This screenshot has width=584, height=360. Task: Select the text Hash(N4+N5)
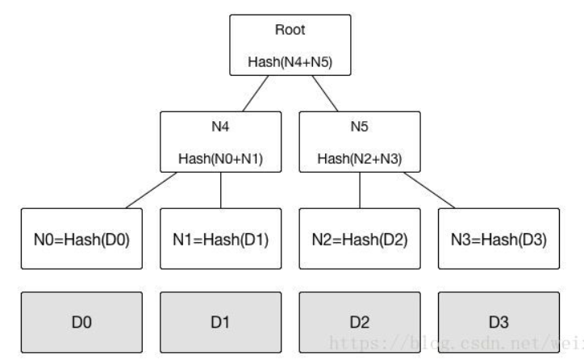pyautogui.click(x=290, y=61)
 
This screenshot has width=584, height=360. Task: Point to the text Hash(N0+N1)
pyautogui.click(x=220, y=157)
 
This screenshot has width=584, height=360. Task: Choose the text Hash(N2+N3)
pyautogui.click(x=359, y=157)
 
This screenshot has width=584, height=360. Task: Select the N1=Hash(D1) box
pyautogui.click(x=220, y=240)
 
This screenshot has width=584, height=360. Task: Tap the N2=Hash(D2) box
pyautogui.click(x=359, y=240)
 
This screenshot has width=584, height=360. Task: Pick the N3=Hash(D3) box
pyautogui.click(x=498, y=240)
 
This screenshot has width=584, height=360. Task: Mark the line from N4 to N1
pyautogui.click(x=221, y=190)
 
